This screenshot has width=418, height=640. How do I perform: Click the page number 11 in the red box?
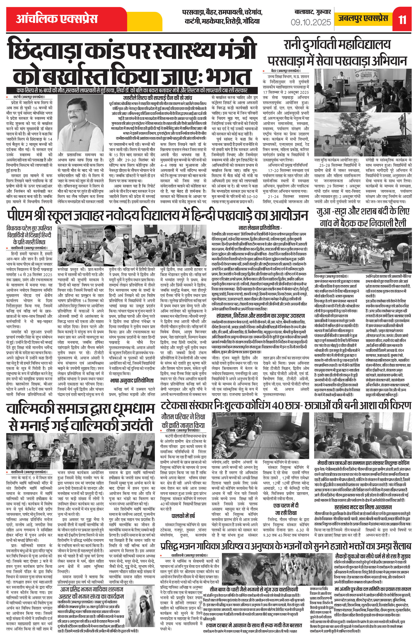[402, 20]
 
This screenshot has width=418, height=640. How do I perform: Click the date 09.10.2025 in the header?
[311, 22]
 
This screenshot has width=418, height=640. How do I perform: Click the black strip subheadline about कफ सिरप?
[132, 90]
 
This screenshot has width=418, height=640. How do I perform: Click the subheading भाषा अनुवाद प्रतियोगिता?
[132, 380]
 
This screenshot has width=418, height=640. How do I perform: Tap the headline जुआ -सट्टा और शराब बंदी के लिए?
[363, 211]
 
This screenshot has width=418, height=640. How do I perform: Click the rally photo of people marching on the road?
[363, 252]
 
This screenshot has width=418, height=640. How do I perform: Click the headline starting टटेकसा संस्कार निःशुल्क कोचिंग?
[286, 405]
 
